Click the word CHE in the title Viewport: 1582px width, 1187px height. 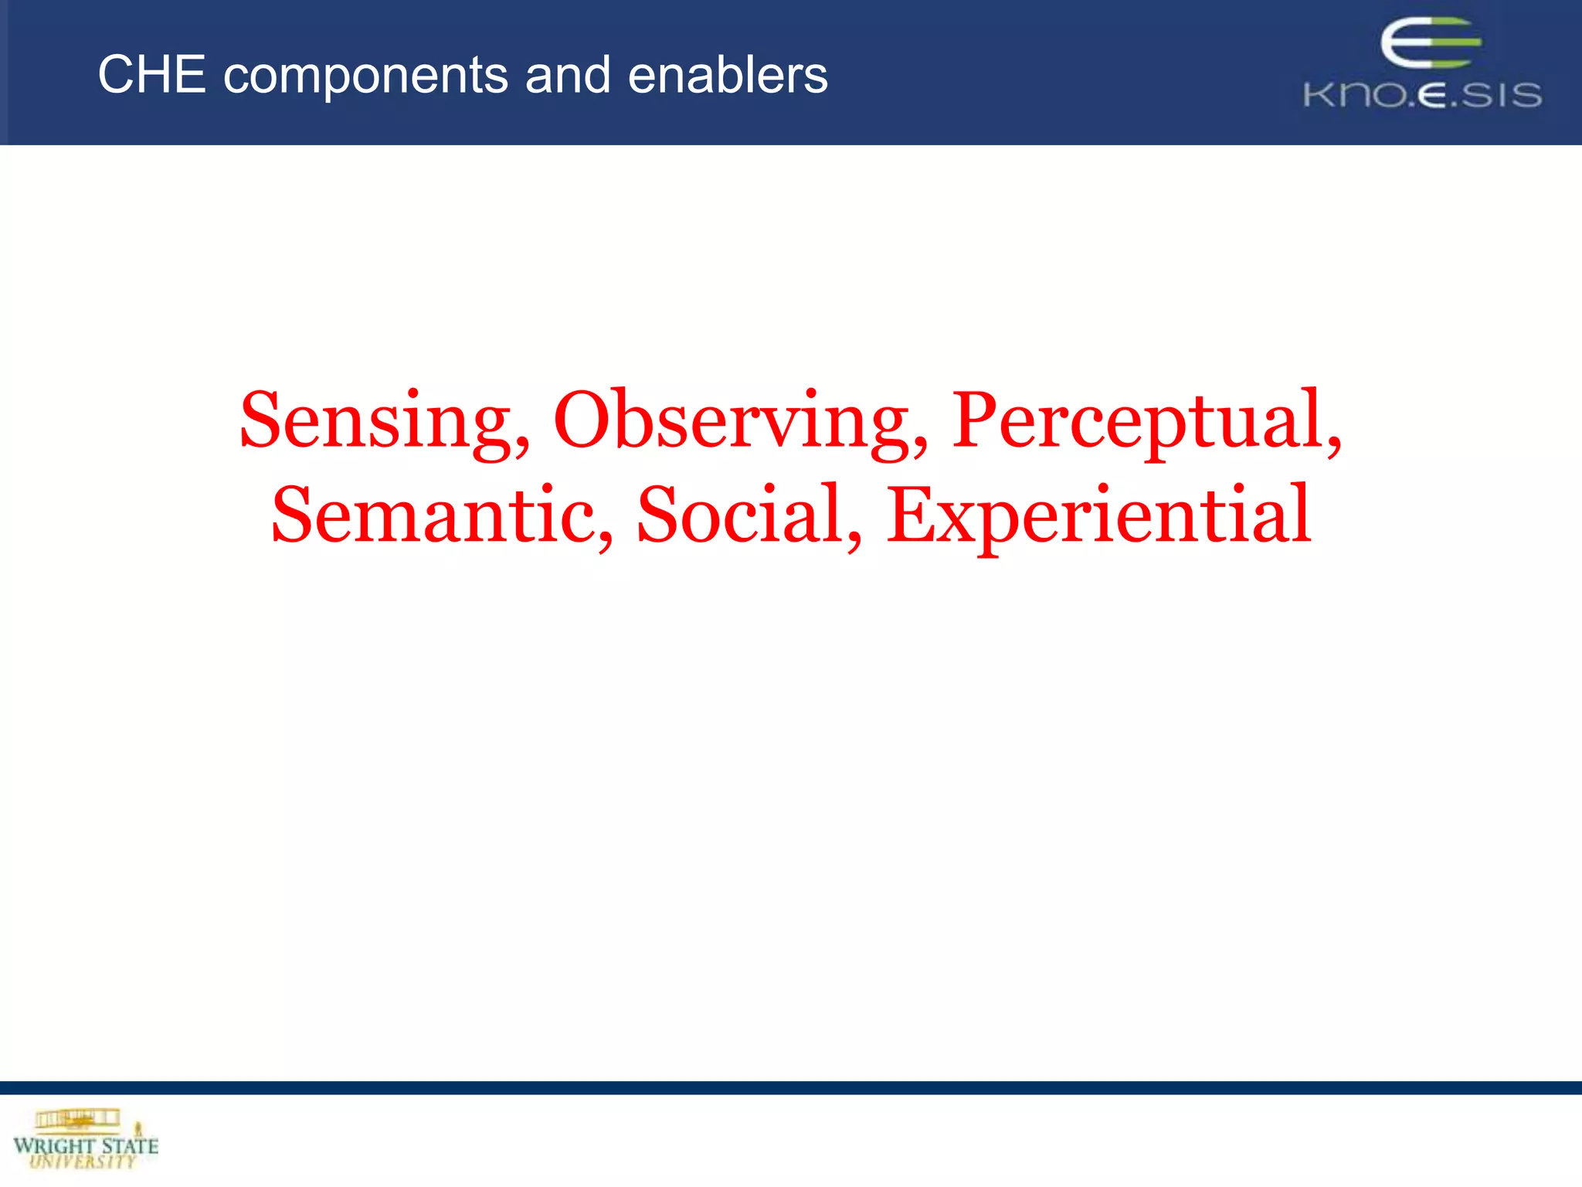point(151,76)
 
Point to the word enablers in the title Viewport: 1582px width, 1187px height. point(728,76)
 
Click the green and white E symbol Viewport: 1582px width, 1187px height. point(1429,44)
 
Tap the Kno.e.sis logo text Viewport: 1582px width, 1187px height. point(1422,95)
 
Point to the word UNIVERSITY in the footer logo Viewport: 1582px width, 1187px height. point(83,1161)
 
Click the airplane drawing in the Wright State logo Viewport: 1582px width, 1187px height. point(77,1118)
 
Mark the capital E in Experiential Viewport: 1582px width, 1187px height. point(912,514)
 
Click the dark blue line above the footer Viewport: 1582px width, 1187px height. point(791,1087)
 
